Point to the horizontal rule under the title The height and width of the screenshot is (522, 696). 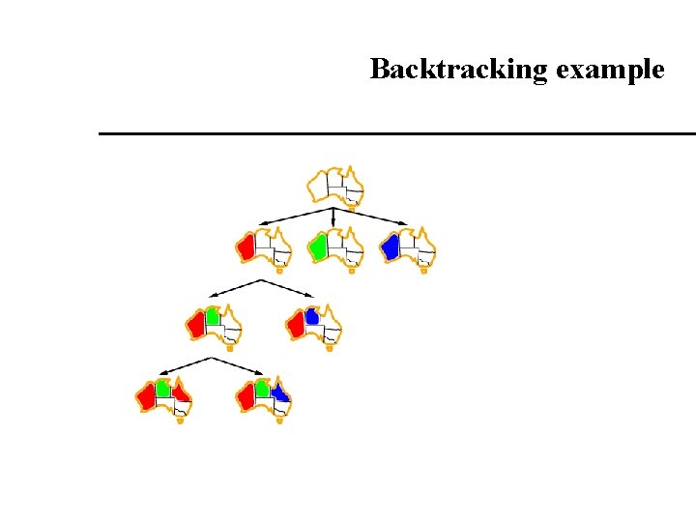coord(396,133)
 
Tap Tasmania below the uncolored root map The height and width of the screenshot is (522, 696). coord(352,206)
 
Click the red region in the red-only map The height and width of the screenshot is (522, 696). coord(247,246)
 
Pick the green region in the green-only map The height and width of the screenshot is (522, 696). coord(317,246)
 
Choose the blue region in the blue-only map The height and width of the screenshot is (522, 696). coord(391,246)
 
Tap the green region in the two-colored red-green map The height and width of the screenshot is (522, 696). coord(213,315)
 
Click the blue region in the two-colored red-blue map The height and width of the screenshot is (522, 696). coord(311,315)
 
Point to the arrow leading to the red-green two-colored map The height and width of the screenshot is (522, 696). coord(234,287)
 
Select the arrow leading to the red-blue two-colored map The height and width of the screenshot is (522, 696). coord(287,288)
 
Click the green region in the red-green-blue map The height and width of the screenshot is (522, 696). coord(262,389)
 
